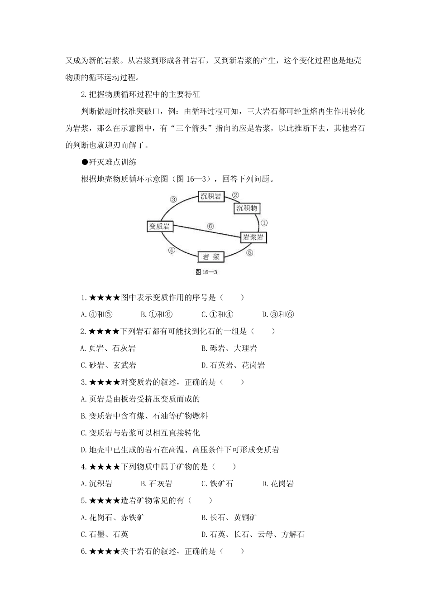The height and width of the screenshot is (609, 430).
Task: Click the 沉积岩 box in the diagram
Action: click(x=211, y=196)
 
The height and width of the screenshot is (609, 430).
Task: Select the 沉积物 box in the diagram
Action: click(x=247, y=208)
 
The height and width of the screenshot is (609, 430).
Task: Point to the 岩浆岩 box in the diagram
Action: click(x=253, y=237)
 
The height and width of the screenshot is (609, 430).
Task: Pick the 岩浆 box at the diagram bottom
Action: click(x=211, y=257)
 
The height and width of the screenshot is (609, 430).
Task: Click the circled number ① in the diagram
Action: click(x=265, y=223)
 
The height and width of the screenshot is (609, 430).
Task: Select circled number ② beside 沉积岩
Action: click(x=235, y=195)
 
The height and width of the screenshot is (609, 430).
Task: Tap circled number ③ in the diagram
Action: click(x=173, y=199)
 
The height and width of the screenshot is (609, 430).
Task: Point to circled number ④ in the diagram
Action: click(x=171, y=250)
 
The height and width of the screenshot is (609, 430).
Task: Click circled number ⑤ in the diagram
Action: click(x=249, y=253)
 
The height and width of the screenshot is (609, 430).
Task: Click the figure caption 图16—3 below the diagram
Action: click(x=206, y=272)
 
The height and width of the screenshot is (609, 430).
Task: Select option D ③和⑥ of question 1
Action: click(x=278, y=314)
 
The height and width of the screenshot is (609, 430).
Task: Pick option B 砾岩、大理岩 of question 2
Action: click(x=229, y=348)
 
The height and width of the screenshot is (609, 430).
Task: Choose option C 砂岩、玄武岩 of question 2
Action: click(x=108, y=365)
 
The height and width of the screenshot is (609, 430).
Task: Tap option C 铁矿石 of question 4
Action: click(x=217, y=483)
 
